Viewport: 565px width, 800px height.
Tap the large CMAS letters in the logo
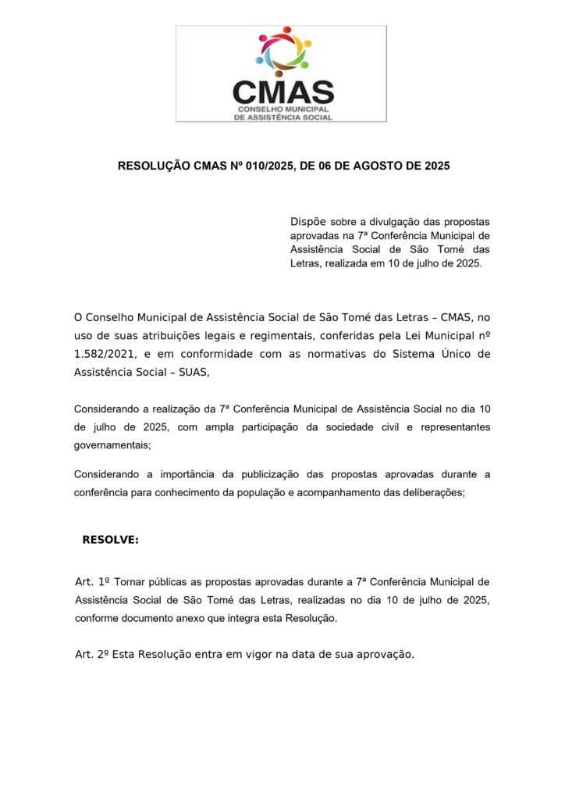pyautogui.click(x=282, y=91)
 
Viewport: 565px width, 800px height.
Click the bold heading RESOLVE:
pyautogui.click(x=110, y=540)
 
